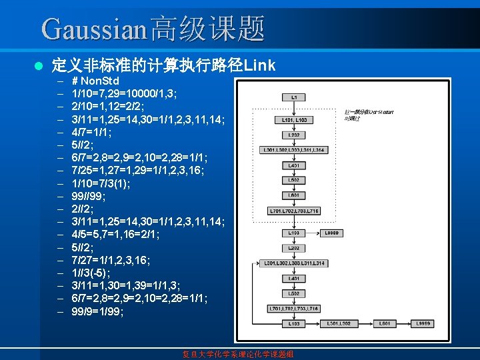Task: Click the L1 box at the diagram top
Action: click(x=295, y=97)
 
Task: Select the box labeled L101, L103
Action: click(x=294, y=120)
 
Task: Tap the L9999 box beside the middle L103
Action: click(x=335, y=233)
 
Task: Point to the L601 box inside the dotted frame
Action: click(x=294, y=195)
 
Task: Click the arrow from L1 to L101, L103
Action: click(x=294, y=109)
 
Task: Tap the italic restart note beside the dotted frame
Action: click(x=363, y=115)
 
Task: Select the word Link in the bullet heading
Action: click(x=260, y=65)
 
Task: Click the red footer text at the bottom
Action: click(x=238, y=353)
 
